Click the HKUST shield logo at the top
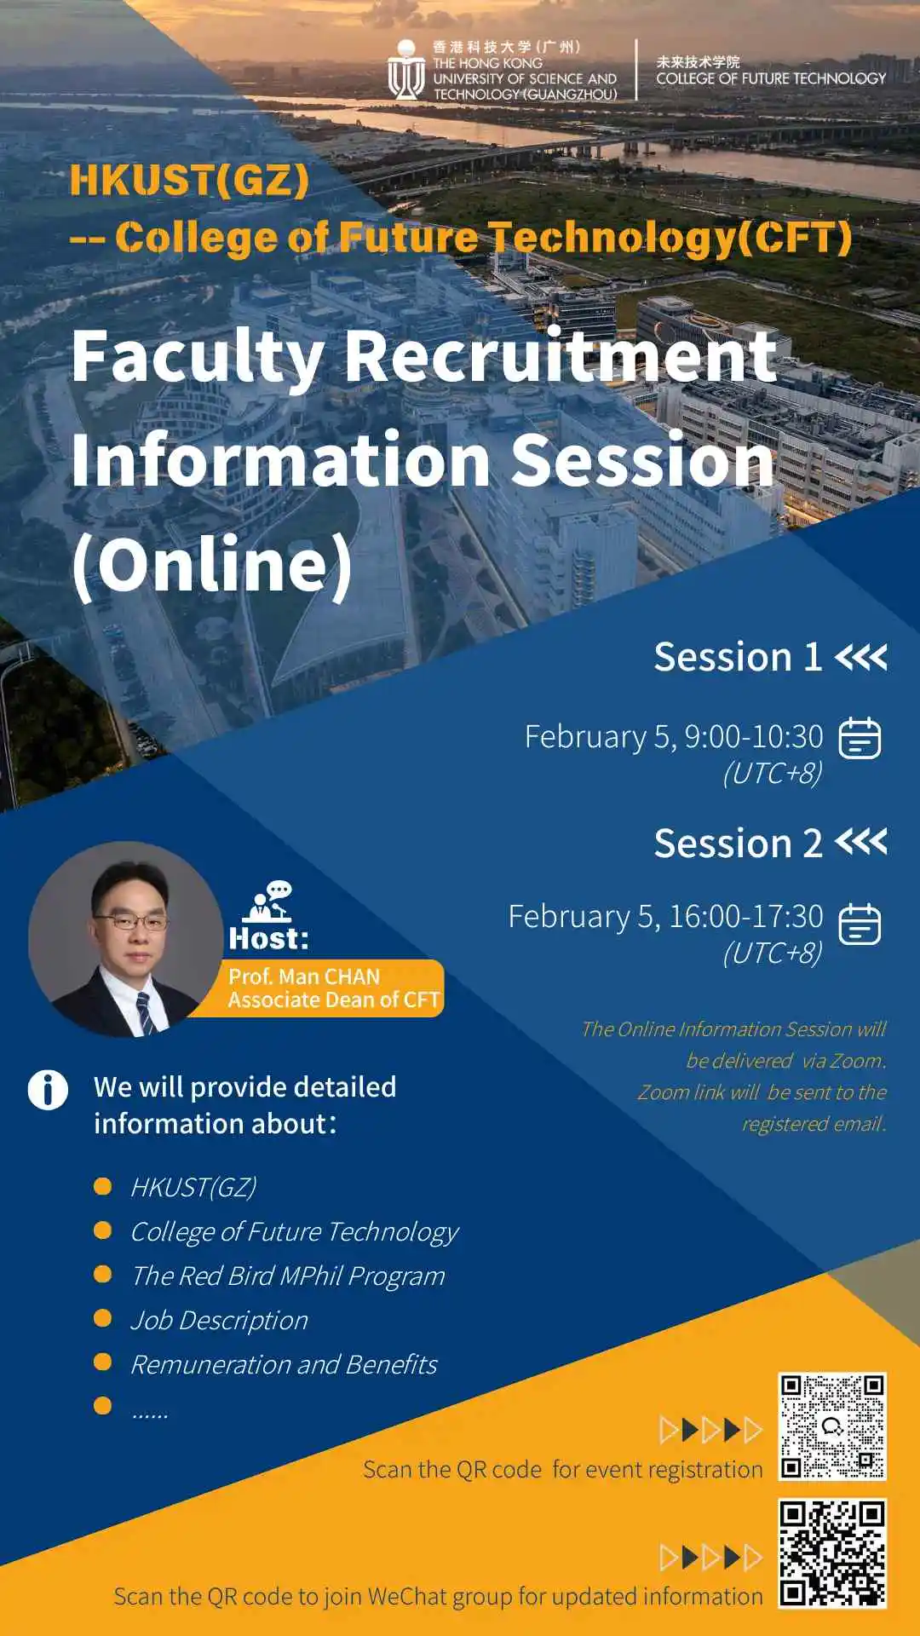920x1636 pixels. tap(406, 70)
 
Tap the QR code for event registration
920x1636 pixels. tap(832, 1426)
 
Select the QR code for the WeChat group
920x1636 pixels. tap(832, 1553)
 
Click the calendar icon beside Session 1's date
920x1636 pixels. tap(860, 738)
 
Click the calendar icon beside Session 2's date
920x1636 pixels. tap(860, 925)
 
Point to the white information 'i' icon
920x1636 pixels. tap(48, 1090)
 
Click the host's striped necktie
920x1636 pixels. tap(146, 1012)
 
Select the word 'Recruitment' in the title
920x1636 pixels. tap(561, 356)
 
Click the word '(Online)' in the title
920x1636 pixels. tap(212, 564)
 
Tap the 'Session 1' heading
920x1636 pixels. tap(738, 657)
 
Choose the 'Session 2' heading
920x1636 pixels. tap(738, 844)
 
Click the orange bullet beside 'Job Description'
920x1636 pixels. tap(103, 1318)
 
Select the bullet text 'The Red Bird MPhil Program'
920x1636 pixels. tap(288, 1276)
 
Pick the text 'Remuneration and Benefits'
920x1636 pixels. tap(284, 1365)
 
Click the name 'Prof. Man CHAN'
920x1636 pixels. tap(304, 976)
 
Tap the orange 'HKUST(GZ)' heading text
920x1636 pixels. tap(189, 181)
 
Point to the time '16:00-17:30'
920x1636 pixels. tap(746, 916)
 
